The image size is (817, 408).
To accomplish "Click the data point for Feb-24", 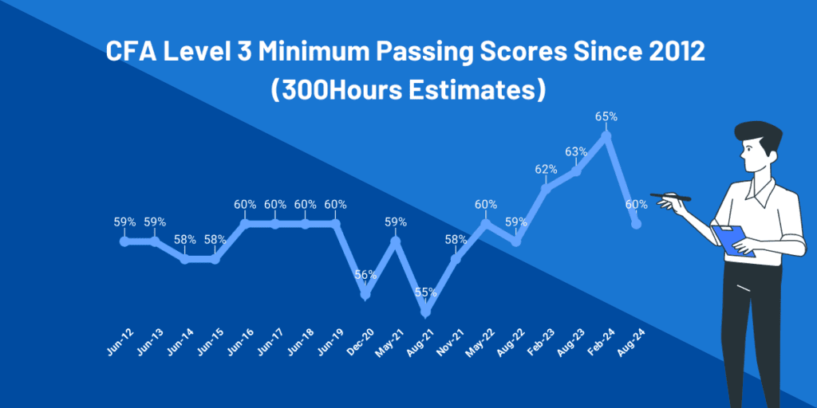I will (x=606, y=135).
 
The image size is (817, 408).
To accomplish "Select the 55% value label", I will (x=426, y=292).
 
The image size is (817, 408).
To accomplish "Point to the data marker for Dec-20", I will (x=365, y=295).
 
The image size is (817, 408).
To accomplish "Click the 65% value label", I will (x=606, y=116).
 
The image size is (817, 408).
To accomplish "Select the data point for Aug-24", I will (x=636, y=224).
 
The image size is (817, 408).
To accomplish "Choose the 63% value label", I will (x=576, y=151).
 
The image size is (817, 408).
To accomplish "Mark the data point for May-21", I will (x=396, y=241).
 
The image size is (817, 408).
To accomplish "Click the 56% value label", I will (x=365, y=275).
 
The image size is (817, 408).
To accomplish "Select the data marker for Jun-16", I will (x=245, y=224).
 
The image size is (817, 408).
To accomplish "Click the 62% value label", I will (x=546, y=169).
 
